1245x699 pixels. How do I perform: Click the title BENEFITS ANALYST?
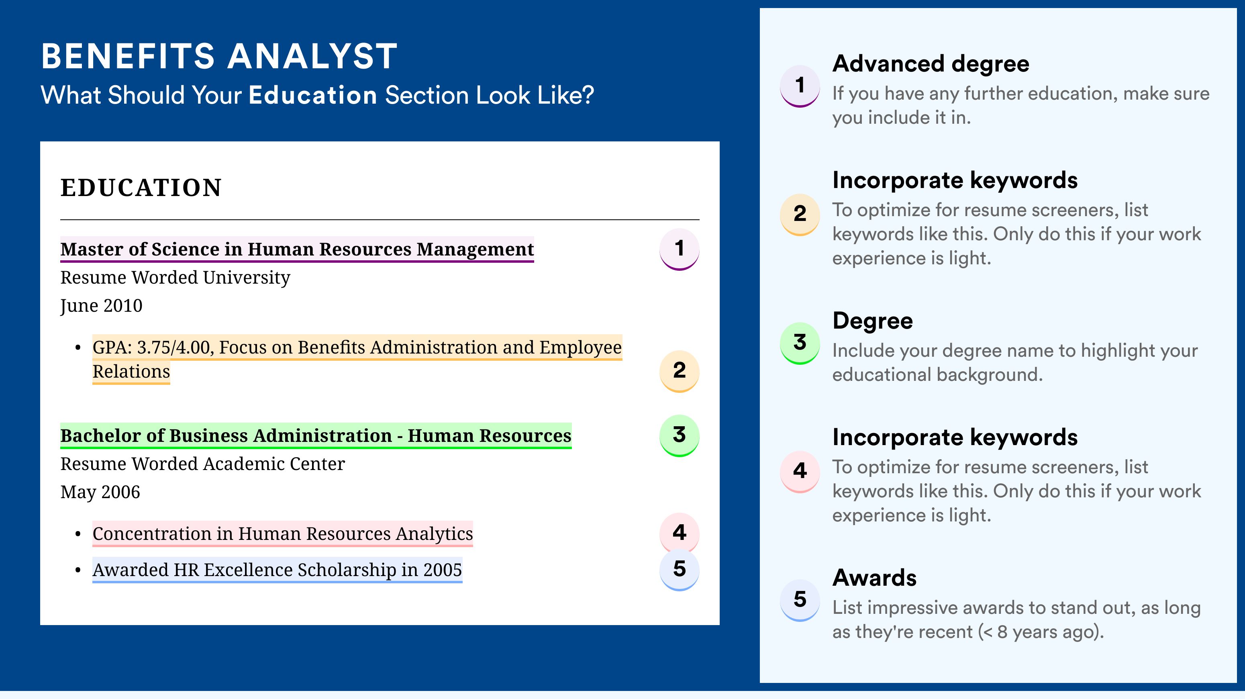(219, 57)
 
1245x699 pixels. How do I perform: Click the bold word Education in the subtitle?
(313, 95)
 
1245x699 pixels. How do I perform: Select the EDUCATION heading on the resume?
(141, 188)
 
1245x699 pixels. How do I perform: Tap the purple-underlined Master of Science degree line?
(297, 249)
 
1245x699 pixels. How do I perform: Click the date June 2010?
(101, 306)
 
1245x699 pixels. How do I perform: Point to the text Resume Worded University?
(175, 278)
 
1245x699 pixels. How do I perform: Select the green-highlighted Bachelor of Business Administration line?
(316, 436)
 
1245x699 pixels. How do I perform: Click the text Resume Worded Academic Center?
(202, 464)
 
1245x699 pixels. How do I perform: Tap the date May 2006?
(100, 492)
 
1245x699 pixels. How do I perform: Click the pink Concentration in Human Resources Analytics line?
(283, 533)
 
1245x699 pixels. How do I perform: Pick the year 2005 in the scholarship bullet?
(443, 570)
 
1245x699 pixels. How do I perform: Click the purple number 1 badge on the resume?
(680, 249)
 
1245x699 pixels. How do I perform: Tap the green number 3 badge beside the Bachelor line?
(680, 435)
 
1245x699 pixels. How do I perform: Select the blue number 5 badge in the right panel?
(800, 600)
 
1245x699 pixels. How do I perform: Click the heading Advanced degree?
(931, 64)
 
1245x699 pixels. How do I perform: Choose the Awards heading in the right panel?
(874, 578)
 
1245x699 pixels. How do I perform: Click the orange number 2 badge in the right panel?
(800, 215)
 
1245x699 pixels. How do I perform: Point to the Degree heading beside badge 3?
(872, 321)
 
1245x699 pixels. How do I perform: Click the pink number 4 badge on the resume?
(680, 533)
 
